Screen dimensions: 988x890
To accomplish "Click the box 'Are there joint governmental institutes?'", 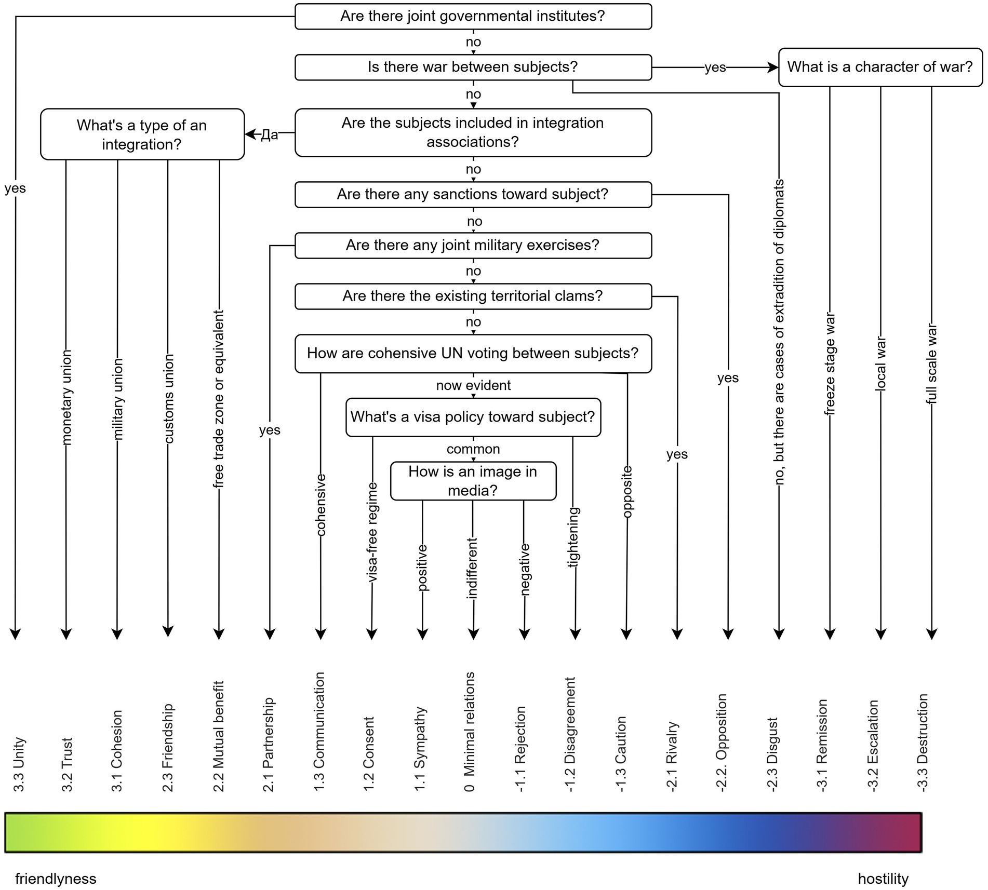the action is (473, 16).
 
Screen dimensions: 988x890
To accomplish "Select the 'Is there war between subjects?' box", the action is (473, 67).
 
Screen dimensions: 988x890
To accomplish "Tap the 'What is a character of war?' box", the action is (880, 67).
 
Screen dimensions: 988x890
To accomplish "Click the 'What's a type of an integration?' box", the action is (142, 134).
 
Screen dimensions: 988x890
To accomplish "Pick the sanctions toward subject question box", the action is (473, 194).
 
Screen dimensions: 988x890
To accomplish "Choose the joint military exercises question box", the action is (473, 245).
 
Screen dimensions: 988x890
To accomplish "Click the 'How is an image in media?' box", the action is (473, 481).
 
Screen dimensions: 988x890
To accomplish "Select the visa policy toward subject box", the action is (473, 417).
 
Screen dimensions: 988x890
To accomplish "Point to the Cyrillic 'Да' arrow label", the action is (269, 135).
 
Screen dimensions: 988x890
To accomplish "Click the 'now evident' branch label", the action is (473, 385).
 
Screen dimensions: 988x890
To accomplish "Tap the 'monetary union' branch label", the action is (66, 397).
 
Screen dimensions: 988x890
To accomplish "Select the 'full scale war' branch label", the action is (932, 364).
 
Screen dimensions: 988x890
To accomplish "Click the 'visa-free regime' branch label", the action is (372, 532).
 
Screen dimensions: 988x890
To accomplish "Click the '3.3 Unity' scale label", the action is (19, 764).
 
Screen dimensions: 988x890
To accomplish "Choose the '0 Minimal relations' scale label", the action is (470, 732).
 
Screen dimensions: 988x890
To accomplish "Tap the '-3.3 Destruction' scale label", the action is (922, 743).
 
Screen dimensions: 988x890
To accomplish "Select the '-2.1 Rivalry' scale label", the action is (672, 756).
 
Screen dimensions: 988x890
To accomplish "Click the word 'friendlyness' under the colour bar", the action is (56, 879).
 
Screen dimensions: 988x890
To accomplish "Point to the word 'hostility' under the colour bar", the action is (883, 879).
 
